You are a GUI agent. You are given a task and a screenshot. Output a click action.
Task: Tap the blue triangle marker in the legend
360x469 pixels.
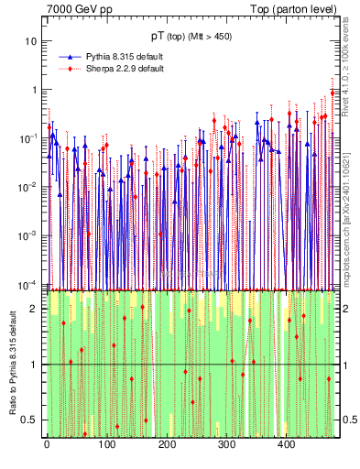click(x=71, y=58)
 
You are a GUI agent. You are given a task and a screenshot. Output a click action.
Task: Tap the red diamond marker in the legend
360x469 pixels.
click(x=71, y=69)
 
